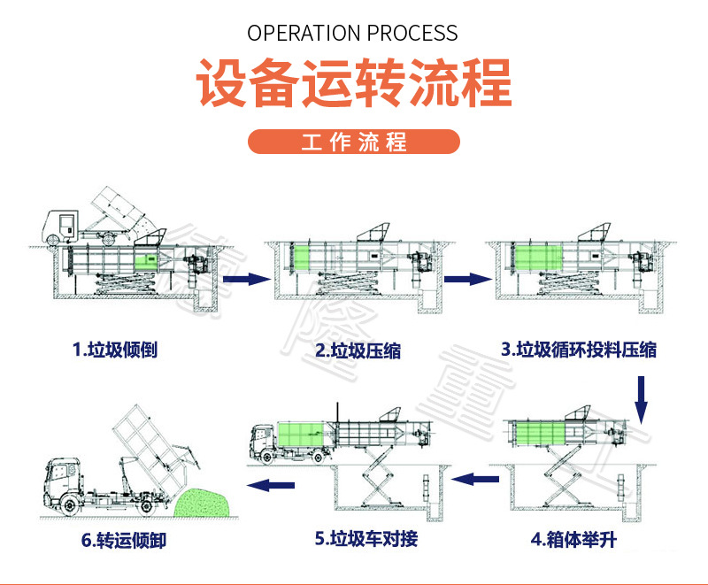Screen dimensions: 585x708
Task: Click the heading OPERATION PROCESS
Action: [x=352, y=34]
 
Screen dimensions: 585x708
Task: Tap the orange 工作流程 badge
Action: [x=354, y=142]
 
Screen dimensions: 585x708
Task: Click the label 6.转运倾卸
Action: [x=116, y=538]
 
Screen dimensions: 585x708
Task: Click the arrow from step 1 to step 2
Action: [x=244, y=279]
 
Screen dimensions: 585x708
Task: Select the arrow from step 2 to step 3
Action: [x=466, y=279]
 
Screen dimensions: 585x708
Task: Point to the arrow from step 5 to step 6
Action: [x=270, y=484]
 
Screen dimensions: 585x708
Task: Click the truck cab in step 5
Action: [x=265, y=441]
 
